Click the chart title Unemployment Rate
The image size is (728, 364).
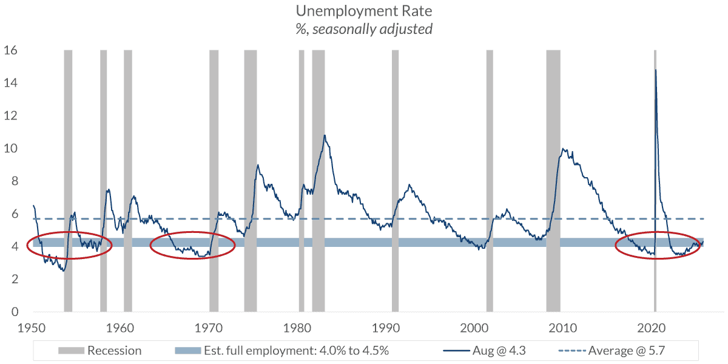pyautogui.click(x=364, y=11)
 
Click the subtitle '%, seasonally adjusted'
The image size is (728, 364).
pyautogui.click(x=364, y=29)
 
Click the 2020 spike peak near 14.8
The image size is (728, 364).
pyautogui.click(x=655, y=70)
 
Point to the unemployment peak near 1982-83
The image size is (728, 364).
pyautogui.click(x=325, y=135)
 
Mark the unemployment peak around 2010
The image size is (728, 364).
pyautogui.click(x=564, y=149)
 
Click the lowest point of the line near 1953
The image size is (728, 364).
pyautogui.click(x=63, y=271)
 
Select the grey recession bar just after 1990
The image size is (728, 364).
pyautogui.click(x=395, y=182)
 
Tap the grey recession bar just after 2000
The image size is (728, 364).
pyautogui.click(x=490, y=182)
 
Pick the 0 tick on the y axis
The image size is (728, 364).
pyautogui.click(x=13, y=312)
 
